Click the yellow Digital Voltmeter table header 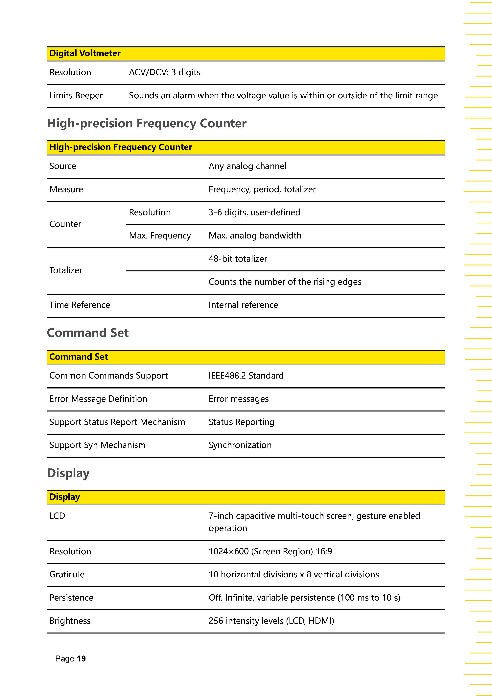pos(85,53)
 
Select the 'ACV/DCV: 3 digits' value pos(165,72)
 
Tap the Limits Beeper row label pos(76,95)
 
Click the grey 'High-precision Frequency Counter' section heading pos(147,123)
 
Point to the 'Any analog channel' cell pos(247,166)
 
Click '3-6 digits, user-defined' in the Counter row pos(254,212)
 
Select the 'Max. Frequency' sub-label pos(160,236)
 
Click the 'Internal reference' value pos(243,305)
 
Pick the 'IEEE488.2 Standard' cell pos(246,376)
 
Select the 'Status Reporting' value pos(241,422)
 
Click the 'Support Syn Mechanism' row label pos(97,445)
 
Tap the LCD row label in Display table pos(57,516)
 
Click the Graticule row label pos(67,574)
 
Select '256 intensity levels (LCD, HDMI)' pos(271,621)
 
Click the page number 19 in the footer pos(81,659)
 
